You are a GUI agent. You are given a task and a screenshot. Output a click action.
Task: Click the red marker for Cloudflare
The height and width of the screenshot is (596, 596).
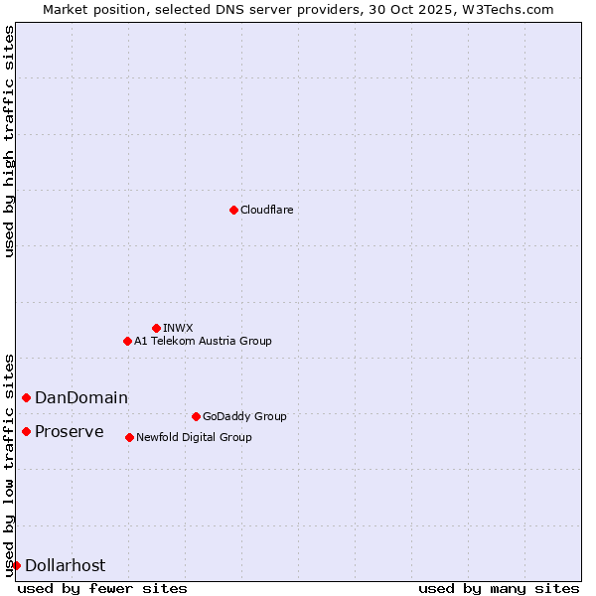pos(233,210)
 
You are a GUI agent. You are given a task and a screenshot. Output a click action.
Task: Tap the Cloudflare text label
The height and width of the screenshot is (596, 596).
pos(266,210)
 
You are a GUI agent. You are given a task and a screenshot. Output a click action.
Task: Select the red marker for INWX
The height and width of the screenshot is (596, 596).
pos(156,328)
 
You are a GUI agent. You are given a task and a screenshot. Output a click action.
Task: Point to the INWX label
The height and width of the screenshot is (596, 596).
pos(178,328)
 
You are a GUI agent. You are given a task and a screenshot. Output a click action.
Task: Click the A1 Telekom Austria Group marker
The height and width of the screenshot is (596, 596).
pos(127,341)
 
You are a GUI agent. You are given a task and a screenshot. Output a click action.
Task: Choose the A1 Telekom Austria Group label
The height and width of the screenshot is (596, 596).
pos(203,341)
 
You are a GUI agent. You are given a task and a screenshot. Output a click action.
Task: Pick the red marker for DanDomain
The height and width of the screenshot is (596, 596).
pos(26,397)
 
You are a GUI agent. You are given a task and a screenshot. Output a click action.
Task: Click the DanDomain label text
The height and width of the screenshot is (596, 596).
pos(81,397)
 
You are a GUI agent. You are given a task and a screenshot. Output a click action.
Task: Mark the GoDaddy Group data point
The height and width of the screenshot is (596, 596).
pos(196,416)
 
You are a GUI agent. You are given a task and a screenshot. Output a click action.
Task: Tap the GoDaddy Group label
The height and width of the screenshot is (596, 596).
pos(244,416)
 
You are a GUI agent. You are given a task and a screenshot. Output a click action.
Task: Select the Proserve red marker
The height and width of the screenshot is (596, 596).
pos(26,431)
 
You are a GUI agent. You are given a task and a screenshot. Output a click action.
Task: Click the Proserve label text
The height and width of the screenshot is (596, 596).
pos(70,431)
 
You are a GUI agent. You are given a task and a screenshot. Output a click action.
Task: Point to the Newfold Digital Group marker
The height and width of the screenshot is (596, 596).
pos(129,437)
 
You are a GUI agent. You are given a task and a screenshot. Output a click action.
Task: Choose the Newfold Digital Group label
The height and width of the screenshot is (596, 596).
pos(194,437)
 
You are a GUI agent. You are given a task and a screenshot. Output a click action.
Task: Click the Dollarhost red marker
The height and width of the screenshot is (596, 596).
pos(16,565)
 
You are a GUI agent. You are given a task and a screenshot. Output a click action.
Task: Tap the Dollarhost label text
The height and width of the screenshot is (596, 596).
pos(65,565)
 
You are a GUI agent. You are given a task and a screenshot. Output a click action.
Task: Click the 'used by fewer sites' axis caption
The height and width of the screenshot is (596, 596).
pos(102,588)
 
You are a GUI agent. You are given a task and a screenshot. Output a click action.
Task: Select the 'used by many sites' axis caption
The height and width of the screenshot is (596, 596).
pos(498,588)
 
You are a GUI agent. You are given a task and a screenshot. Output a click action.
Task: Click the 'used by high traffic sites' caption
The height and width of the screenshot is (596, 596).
pos(9,141)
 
